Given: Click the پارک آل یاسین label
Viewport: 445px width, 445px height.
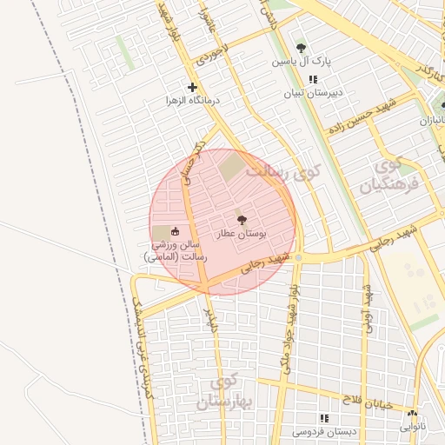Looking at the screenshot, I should tap(301, 62).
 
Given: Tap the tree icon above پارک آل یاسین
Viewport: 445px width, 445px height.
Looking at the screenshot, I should tap(301, 48).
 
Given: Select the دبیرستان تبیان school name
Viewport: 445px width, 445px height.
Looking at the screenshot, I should tap(315, 92).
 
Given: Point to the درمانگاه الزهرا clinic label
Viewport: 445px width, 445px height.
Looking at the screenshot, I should tap(194, 101).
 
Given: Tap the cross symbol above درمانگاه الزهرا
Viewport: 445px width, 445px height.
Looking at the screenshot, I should tap(192, 87).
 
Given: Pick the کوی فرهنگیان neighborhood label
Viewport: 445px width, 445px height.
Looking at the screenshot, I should tap(387, 175).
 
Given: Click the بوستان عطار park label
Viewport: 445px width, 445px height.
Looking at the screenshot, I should tap(242, 235).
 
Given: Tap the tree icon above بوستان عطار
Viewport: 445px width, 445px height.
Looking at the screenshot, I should tap(242, 221).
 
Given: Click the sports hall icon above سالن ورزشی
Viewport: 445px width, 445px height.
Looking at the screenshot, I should tap(176, 232).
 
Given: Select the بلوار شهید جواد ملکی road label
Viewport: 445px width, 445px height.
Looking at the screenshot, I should tap(296, 311).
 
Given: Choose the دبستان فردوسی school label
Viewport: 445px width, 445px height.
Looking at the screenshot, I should tap(324, 431).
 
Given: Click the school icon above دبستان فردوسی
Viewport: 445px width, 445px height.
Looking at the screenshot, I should tap(324, 417).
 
